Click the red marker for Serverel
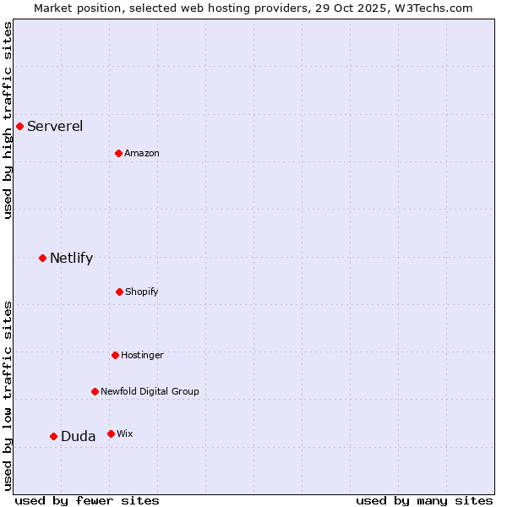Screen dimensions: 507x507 19,127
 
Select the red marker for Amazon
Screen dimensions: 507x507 118,153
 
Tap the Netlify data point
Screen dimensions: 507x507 42,258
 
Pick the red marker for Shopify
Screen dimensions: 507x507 119,292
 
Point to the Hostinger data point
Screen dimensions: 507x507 115,355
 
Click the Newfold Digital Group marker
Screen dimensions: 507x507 95,391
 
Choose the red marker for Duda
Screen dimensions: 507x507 53,436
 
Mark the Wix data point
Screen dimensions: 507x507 111,433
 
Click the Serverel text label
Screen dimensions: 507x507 55,127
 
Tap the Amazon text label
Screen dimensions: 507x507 142,153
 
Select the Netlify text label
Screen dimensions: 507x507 71,258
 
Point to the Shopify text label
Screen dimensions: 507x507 142,292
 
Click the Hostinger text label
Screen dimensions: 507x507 142,355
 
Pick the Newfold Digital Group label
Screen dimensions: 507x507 150,391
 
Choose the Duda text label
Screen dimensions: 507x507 78,436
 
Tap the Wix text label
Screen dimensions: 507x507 125,433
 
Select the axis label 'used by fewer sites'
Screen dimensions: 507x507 87,500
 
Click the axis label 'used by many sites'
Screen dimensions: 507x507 424,500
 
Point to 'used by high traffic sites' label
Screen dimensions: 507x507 8,120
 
